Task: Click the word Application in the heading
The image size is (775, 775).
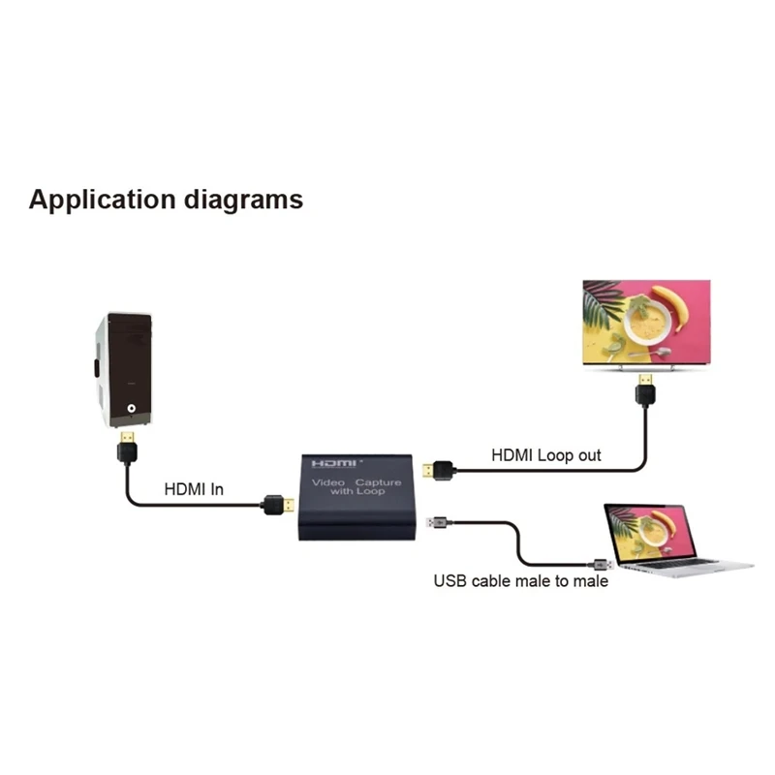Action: tap(103, 201)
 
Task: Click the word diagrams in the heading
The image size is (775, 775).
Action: tap(243, 201)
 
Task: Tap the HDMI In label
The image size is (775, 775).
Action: tap(194, 489)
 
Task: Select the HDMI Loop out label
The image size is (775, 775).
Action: tap(546, 454)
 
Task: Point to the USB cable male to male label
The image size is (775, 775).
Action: tap(520, 581)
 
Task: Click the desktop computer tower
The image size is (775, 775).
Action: tap(123, 369)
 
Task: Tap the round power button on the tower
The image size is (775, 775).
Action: tap(132, 410)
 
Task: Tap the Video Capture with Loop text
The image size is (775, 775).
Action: tap(348, 486)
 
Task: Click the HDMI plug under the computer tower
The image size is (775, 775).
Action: tap(127, 449)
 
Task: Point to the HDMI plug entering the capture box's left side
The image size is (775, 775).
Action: tap(278, 505)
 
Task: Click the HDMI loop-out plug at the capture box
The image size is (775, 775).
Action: tap(437, 472)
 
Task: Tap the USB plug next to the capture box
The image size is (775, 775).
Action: tap(437, 522)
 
